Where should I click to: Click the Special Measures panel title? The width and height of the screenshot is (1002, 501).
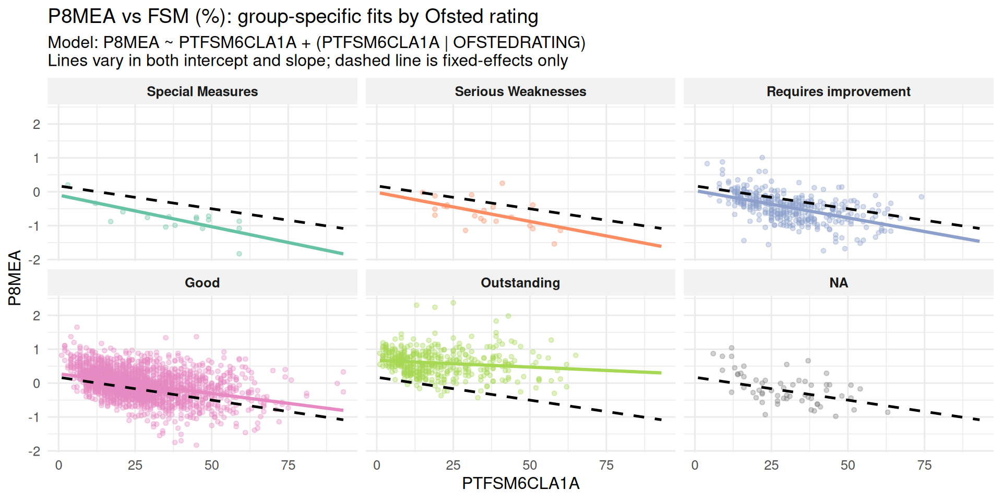coord(202,92)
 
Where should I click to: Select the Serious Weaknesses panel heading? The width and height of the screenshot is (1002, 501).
coord(520,92)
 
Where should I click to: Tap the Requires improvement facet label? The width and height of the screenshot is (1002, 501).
coord(838,92)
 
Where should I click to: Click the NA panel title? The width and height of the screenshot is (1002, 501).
coord(838,283)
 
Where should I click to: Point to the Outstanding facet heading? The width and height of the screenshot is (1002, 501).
coord(520,283)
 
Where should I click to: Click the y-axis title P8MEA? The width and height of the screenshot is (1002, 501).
coord(15,278)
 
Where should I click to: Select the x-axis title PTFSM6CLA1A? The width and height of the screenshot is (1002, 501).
coord(520,484)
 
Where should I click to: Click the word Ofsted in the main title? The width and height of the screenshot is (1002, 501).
coord(453,17)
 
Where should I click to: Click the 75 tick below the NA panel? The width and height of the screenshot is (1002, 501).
coord(924,465)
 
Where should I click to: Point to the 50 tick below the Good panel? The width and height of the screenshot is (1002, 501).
coord(211,465)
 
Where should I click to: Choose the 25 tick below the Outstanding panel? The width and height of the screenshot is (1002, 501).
coord(453,465)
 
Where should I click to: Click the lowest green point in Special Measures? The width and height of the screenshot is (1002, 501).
coord(239,254)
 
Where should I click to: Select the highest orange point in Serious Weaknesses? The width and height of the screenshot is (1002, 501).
coord(502,183)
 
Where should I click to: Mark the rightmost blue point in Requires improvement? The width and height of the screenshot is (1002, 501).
coord(922,197)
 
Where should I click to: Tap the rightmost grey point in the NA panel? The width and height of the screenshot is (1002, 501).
coord(888,412)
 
